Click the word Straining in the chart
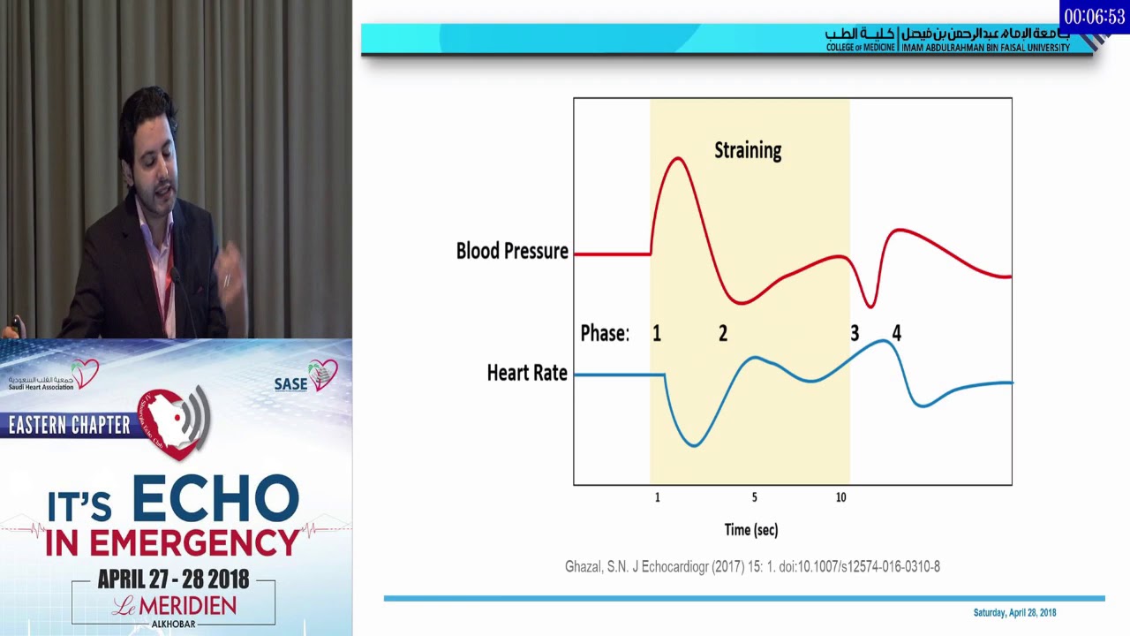(748, 151)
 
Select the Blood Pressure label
(512, 252)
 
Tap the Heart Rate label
(527, 374)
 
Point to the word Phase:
(605, 334)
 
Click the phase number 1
(656, 334)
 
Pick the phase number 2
(723, 334)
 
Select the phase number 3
(855, 334)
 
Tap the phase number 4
(897, 334)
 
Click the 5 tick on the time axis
(754, 498)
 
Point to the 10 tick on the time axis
(840, 498)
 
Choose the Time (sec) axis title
(751, 530)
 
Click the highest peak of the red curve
(677, 158)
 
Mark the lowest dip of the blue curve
(693, 445)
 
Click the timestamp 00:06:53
(1094, 17)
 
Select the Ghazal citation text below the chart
(752, 567)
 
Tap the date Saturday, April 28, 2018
(1014, 613)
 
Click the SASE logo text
(291, 384)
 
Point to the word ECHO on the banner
(216, 500)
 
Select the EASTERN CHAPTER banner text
(70, 426)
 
